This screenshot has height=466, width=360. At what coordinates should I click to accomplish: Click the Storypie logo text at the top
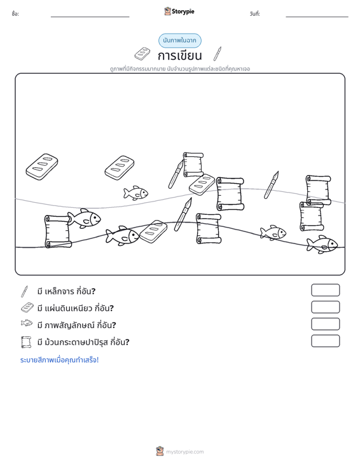click(183, 11)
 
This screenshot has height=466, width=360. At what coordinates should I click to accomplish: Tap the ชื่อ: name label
click(15, 14)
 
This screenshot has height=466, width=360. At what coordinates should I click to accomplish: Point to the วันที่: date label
click(255, 14)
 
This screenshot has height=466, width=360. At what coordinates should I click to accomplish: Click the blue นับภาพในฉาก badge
click(179, 41)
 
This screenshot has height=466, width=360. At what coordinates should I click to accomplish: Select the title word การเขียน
click(179, 55)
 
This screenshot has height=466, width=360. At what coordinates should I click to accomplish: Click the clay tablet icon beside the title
click(142, 53)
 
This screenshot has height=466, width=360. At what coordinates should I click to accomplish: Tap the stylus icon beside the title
click(218, 54)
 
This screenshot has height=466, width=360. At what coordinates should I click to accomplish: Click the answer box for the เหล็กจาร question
click(325, 290)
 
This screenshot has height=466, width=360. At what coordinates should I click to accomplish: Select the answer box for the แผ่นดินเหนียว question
click(325, 307)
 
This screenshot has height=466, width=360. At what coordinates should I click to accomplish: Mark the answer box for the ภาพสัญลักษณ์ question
click(325, 324)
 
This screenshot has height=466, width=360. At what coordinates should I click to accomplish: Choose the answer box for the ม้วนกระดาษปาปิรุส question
click(325, 341)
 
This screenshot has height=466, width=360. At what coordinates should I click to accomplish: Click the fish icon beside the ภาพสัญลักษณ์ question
click(27, 323)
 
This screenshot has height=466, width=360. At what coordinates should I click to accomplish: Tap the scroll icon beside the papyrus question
click(26, 342)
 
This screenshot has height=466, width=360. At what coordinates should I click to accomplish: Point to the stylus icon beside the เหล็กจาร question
click(24, 291)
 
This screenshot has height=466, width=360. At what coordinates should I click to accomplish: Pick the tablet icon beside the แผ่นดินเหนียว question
click(27, 308)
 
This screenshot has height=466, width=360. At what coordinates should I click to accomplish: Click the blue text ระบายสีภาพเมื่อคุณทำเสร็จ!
click(59, 360)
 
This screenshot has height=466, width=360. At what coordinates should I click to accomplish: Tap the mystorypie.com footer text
click(184, 452)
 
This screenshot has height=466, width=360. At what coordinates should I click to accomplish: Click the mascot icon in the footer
click(160, 451)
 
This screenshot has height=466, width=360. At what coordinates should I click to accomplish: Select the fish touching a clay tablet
click(123, 235)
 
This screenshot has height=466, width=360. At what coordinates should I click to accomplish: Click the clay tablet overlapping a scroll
click(202, 184)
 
